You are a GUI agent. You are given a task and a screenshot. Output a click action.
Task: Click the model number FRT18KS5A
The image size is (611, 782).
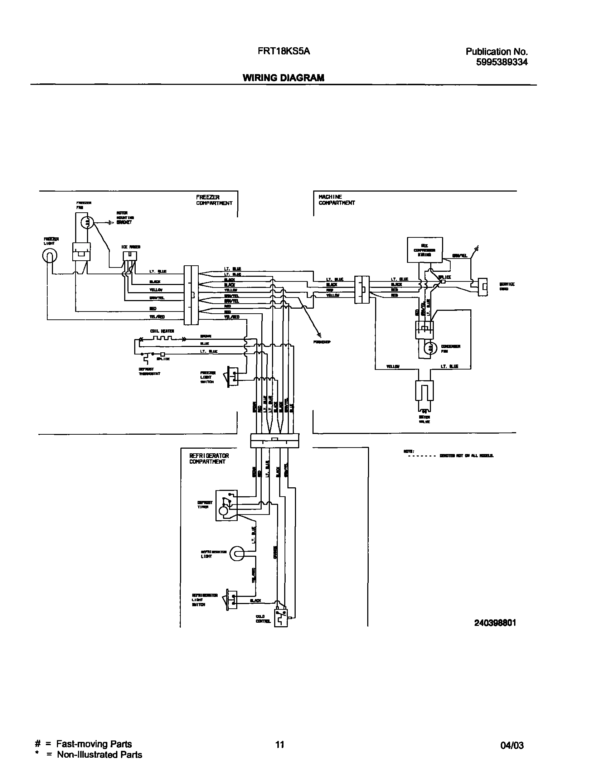click(284, 52)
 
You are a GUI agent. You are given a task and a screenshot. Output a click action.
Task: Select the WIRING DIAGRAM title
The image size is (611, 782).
click(283, 78)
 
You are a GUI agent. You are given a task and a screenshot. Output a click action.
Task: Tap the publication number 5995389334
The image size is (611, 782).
click(501, 62)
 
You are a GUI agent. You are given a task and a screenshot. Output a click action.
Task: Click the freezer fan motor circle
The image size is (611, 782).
click(87, 222)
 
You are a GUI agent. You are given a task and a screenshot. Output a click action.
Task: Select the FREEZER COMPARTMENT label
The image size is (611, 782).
click(214, 200)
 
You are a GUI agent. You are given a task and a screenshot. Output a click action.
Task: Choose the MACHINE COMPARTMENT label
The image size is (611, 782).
click(336, 200)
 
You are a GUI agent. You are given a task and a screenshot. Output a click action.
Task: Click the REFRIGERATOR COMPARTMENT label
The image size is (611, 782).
click(209, 459)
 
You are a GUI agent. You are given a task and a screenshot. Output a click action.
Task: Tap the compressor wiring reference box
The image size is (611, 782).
click(425, 250)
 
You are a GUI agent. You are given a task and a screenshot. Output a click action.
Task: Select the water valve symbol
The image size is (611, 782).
click(424, 394)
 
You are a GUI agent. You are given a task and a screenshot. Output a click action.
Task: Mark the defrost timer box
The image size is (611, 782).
click(226, 505)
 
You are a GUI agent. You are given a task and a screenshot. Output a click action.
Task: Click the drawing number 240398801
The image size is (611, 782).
click(495, 623)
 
